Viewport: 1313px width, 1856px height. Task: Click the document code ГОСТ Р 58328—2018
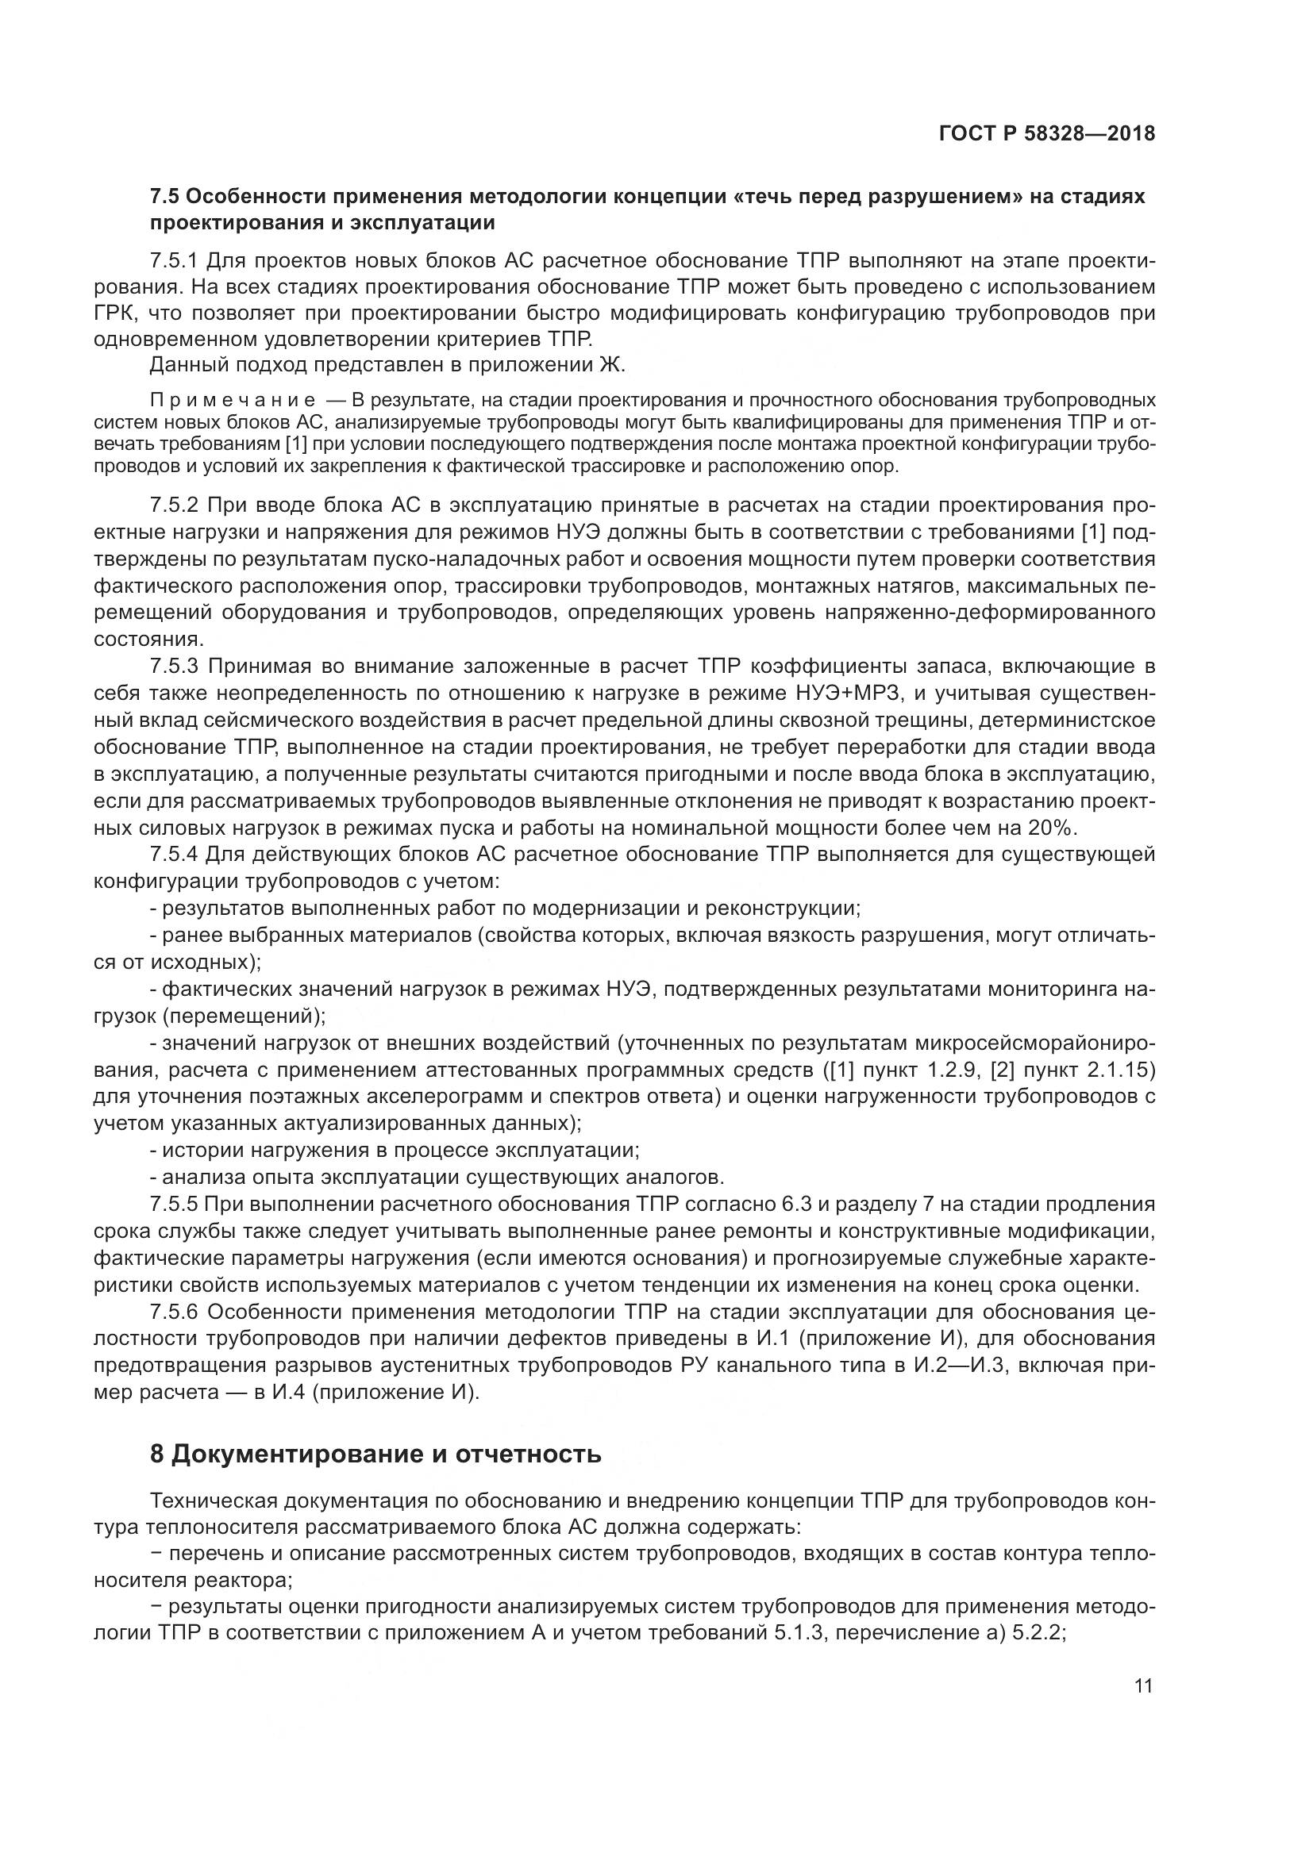[x=1047, y=133]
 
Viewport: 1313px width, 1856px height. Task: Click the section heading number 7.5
[x=167, y=197]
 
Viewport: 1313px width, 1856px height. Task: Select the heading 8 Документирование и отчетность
[x=375, y=1454]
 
